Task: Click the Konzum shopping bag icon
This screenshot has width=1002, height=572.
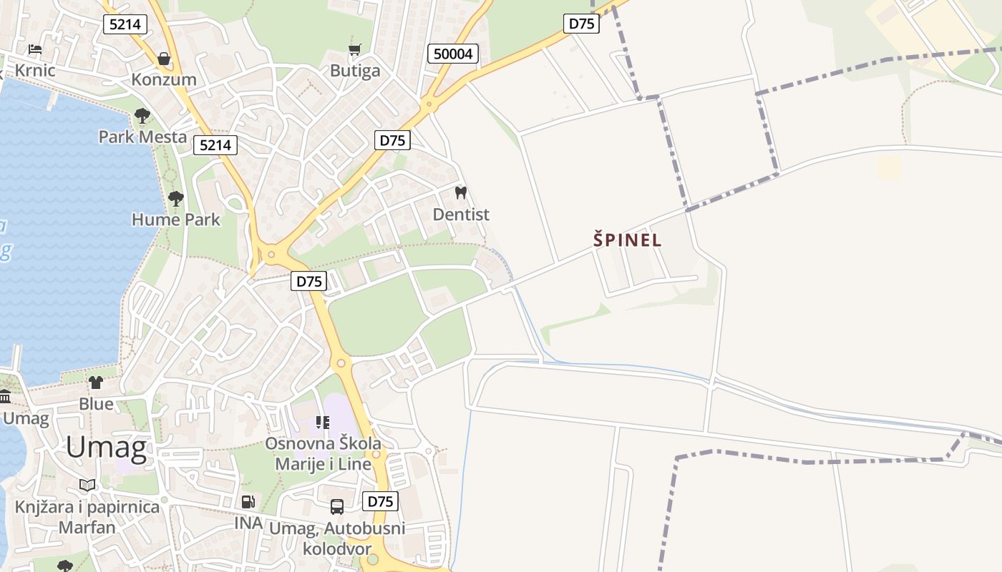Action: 164,58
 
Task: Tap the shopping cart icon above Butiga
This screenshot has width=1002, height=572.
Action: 354,49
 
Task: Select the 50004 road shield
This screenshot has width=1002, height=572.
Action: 453,54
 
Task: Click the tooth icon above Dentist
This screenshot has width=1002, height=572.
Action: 461,192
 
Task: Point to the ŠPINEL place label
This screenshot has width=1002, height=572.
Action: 628,240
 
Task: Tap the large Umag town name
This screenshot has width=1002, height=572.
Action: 106,448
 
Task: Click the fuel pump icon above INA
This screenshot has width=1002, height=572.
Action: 248,502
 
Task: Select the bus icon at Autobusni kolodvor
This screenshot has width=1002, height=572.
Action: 337,507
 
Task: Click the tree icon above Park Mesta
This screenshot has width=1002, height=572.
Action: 142,115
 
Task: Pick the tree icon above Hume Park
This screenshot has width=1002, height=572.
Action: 175,198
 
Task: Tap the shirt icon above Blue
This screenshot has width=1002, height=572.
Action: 96,383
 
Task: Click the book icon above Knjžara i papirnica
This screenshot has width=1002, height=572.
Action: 87,485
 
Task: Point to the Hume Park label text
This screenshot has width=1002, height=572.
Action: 176,220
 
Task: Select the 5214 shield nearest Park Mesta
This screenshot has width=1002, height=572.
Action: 215,145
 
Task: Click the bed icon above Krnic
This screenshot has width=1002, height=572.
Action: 35,49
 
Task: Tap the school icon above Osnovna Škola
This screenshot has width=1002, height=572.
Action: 323,423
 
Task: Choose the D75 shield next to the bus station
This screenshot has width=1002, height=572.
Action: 380,501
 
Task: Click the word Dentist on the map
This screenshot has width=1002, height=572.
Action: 461,214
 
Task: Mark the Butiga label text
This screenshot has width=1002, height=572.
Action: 355,71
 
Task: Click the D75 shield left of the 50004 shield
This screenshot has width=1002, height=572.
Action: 392,140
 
